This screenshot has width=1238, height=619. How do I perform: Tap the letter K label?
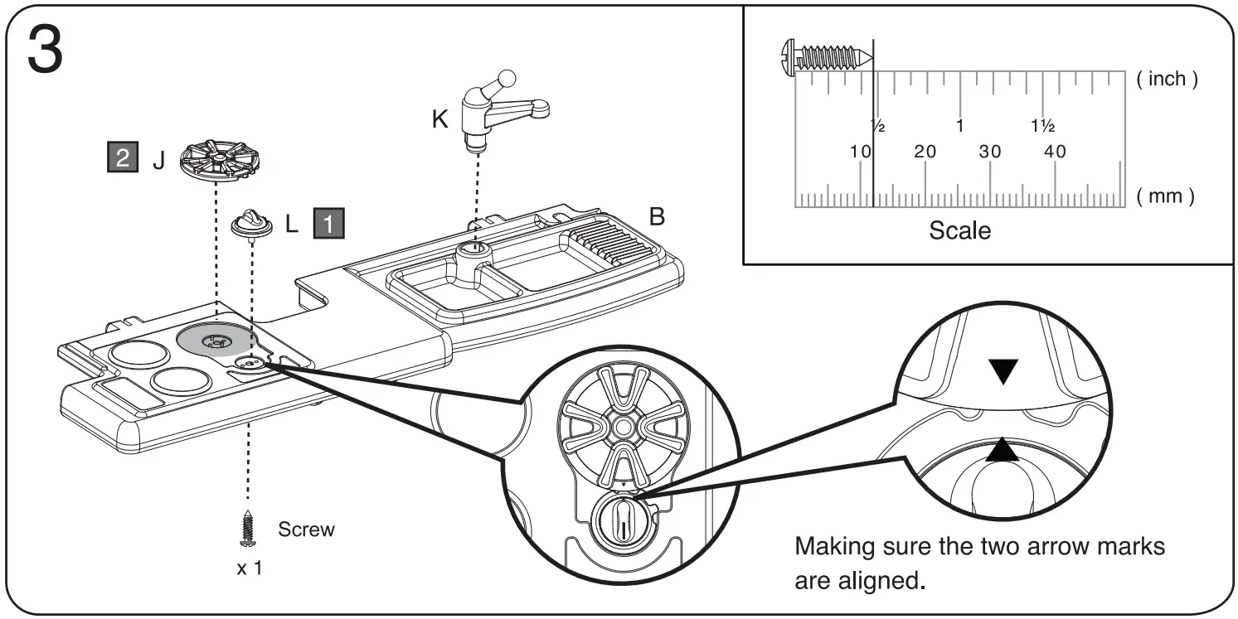click(x=439, y=119)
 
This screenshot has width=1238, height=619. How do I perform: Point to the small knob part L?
click(x=249, y=224)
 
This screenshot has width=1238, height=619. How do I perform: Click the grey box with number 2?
click(x=123, y=158)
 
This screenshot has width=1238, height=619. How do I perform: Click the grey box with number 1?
click(x=329, y=224)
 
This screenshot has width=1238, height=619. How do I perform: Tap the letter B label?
click(x=657, y=217)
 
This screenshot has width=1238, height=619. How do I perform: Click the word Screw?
click(x=306, y=530)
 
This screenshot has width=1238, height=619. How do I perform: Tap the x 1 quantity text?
click(x=249, y=569)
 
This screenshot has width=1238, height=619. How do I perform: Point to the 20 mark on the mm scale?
click(x=925, y=152)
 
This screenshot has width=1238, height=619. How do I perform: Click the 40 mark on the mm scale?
click(x=1055, y=152)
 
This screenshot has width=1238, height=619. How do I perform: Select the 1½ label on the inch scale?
click(x=1042, y=127)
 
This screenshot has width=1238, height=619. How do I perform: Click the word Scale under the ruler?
click(x=959, y=230)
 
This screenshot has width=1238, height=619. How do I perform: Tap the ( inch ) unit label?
click(x=1167, y=80)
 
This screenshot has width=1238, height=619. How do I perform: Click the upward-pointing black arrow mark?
click(x=1003, y=450)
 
